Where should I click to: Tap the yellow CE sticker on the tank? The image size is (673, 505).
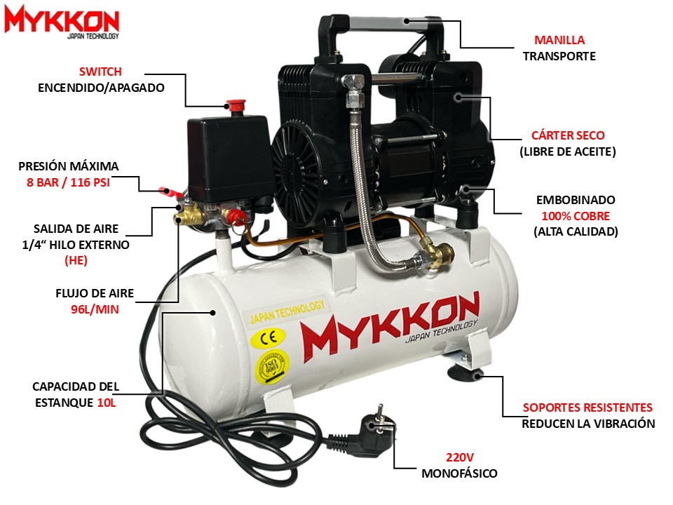click(268, 337)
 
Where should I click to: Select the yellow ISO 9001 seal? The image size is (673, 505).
click(272, 367)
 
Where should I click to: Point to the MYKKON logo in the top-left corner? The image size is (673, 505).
click(62, 22)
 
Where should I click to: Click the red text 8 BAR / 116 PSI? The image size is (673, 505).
click(68, 182)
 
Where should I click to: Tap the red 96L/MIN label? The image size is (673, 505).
click(95, 309)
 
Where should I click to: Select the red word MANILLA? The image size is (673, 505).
click(559, 40)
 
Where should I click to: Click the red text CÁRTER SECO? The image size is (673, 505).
click(568, 135)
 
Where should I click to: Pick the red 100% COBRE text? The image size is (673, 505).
click(576, 216)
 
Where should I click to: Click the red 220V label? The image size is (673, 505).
click(460, 457)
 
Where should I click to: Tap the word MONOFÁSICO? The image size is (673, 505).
click(459, 473)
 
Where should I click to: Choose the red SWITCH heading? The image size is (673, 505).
click(100, 72)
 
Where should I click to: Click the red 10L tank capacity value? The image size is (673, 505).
click(107, 403)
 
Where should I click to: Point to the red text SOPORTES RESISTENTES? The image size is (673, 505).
click(587, 408)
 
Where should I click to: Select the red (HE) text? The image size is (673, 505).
click(76, 261)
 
